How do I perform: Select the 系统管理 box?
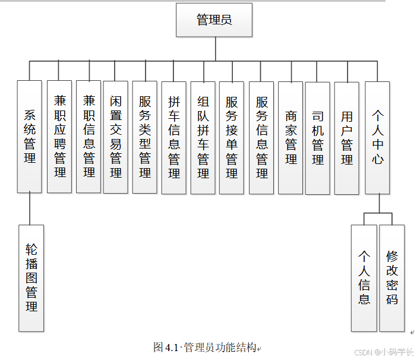point(30,137)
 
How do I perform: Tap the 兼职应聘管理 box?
point(59,137)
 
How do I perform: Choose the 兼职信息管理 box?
point(89,137)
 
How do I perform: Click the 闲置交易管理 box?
point(116,137)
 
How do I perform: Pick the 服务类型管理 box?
point(145,137)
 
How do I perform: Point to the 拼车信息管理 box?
point(174,137)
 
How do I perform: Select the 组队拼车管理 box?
point(203,137)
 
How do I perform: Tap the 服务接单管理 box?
point(232,137)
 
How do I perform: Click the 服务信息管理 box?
point(261,137)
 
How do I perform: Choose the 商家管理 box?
point(290,137)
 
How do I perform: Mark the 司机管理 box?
point(318,137)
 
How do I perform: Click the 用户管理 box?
point(347,137)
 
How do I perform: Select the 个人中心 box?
point(378,137)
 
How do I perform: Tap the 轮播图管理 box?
point(31,277)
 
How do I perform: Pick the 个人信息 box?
point(364,277)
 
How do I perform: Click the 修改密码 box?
point(392,277)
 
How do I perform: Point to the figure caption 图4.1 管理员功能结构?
point(205,347)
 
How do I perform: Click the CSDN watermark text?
point(383,352)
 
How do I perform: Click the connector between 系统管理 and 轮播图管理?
point(30,209)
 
